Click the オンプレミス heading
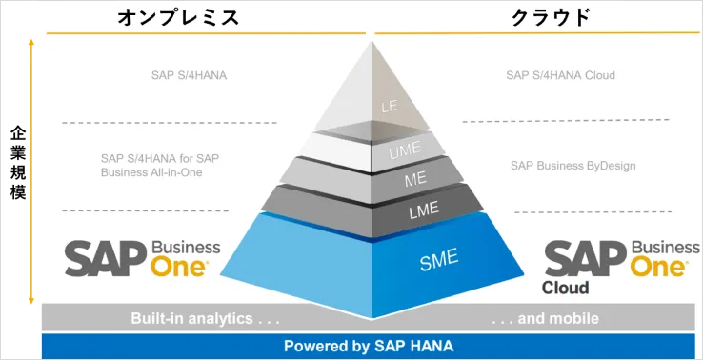(x=176, y=18)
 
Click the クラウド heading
(x=551, y=17)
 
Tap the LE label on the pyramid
(x=389, y=108)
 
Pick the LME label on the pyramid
(x=422, y=210)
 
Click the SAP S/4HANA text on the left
(x=189, y=75)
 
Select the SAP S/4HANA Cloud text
(x=560, y=75)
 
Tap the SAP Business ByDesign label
(x=572, y=166)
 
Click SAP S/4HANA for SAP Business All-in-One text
(x=159, y=165)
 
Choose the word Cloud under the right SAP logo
(x=566, y=288)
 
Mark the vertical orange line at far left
(x=33, y=171)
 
